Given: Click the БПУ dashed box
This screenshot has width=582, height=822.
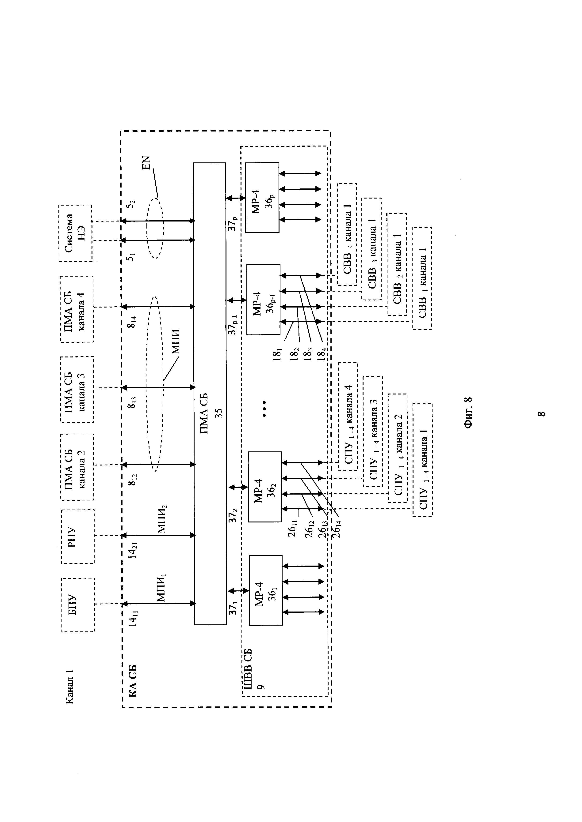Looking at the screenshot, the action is [78, 605].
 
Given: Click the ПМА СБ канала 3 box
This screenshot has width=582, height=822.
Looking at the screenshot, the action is [77, 390].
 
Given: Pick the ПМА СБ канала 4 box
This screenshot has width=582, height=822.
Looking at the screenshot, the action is [77, 309].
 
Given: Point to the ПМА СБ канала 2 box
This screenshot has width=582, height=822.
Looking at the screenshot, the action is [77, 467].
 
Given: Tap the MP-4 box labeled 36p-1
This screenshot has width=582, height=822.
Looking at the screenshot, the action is [263, 300].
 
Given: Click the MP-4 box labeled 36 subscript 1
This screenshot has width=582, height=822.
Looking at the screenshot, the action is [266, 590].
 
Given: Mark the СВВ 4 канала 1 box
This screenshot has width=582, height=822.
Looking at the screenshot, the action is [347, 234].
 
